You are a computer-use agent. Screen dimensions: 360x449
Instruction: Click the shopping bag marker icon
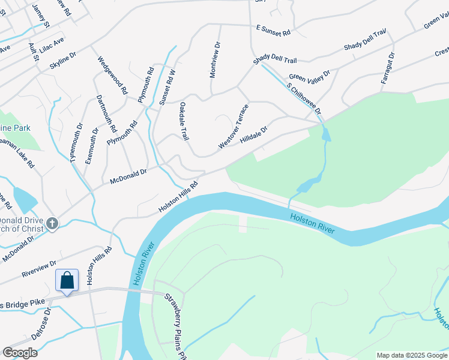tap(67, 280)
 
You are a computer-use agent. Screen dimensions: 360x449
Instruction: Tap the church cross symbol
tap(53, 224)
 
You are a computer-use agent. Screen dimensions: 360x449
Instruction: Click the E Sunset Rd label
tap(273, 30)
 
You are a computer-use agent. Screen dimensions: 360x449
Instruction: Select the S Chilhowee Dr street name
tap(304, 100)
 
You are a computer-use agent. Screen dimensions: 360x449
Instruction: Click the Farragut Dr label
tap(388, 68)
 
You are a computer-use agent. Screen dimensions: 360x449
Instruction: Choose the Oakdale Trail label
tap(184, 122)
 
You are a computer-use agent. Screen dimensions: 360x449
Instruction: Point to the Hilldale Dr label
tap(253, 134)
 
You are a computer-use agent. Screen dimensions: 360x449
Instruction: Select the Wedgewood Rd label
tap(113, 75)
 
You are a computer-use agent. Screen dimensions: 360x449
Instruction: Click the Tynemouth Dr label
tap(75, 142)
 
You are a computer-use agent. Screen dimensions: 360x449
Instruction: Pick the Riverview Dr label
tap(38, 267)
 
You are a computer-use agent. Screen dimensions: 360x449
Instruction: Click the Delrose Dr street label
tap(43, 325)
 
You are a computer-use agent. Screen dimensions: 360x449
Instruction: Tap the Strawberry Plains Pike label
tap(175, 324)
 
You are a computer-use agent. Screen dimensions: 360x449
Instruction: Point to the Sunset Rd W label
tap(167, 87)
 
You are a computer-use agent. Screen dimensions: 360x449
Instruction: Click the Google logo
tap(20, 353)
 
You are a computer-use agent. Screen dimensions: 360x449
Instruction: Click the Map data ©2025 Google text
tap(411, 355)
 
